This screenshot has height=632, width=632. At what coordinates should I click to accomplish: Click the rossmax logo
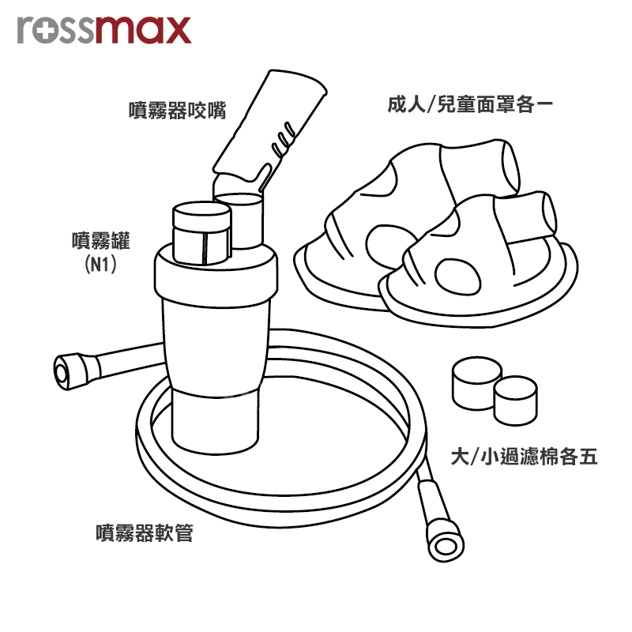104,30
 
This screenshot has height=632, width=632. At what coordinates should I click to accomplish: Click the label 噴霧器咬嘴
177,110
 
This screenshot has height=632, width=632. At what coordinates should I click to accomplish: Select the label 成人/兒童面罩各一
470,104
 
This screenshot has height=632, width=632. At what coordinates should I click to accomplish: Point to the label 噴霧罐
101,241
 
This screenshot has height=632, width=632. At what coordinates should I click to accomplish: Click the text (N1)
101,265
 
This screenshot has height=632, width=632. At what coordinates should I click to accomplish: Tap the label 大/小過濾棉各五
524,457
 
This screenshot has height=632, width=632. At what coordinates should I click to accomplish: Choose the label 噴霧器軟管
145,532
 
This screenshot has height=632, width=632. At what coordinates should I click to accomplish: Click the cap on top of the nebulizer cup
202,233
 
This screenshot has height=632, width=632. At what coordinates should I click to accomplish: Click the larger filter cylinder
476,383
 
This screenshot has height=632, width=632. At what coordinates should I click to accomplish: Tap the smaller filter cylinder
516,401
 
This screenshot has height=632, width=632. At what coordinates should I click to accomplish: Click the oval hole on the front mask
457,276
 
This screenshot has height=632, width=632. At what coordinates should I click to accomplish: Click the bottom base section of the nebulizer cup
215,421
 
